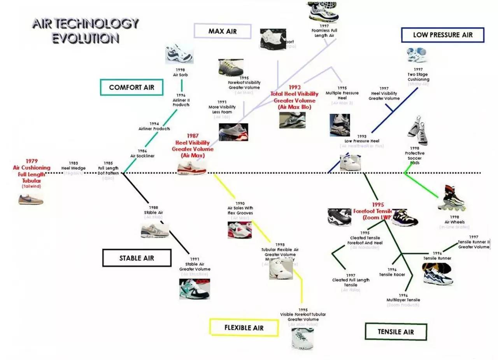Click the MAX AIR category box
[223, 31]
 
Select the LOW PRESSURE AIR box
[442, 35]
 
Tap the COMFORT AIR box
[132, 87]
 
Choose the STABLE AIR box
[137, 258]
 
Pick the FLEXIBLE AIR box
[244, 327]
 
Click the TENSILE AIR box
[396, 332]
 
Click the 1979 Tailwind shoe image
[31, 199]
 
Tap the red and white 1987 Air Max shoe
[191, 169]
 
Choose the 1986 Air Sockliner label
[142, 153]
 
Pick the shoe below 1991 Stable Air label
[195, 288]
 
